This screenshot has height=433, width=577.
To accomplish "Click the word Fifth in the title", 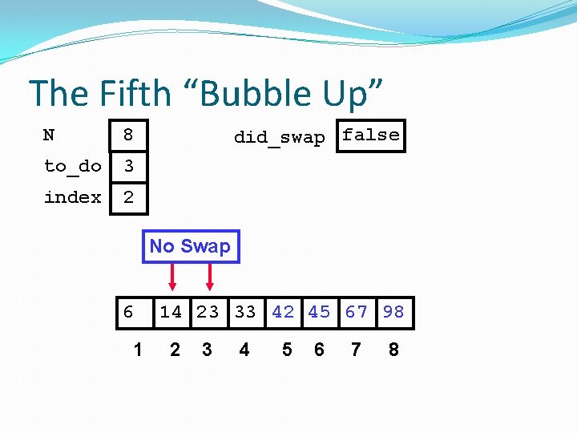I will pos(135,94).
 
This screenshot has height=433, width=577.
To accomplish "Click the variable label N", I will pos(49,135).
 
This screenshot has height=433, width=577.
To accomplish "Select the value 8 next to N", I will pos(127,136).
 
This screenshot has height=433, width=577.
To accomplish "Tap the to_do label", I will pos(72,166).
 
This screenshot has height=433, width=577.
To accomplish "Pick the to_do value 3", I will pos(127,166).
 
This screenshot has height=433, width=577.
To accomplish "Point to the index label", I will pos(72,197).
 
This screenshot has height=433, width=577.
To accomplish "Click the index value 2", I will pos(127,197).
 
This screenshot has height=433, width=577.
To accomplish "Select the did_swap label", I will pos(279,137).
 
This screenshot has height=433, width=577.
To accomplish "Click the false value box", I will pos(370,136).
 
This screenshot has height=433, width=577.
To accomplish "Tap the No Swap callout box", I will pos(190,246).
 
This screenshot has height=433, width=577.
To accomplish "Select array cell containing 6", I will pos(129,312).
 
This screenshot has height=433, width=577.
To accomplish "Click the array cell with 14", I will pos(171,312).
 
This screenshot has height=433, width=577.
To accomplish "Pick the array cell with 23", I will pos(208,312).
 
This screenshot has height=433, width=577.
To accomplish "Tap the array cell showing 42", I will pos(282,312).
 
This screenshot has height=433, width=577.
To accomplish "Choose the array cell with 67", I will pos(357,312).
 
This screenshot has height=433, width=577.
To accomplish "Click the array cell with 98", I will pos(393,312).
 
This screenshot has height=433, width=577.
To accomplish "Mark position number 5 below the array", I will pos(287,350).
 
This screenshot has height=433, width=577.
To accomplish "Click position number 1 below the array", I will pos(138,350).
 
